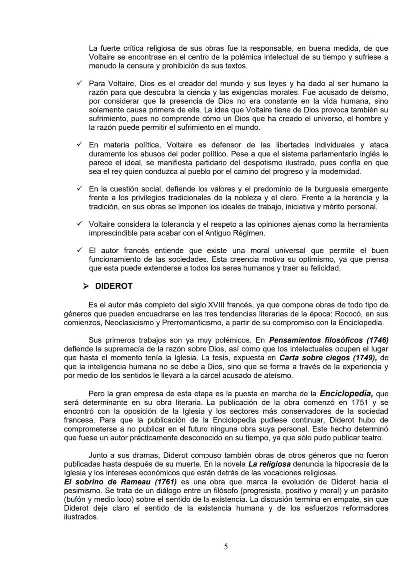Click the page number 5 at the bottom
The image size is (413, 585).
coord(226,546)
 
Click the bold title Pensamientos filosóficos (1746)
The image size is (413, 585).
coord(329,339)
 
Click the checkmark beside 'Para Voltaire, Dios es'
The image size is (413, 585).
coord(79,83)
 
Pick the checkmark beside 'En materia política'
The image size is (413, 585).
coord(79,145)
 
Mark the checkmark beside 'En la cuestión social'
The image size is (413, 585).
coord(79,189)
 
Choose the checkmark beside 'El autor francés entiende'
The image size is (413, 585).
coord(79,250)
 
